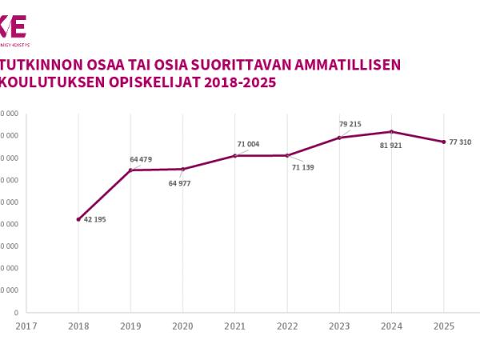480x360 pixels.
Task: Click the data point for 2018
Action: point(78,219)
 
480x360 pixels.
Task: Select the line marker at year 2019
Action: point(130,170)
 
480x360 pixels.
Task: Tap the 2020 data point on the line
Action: point(182,169)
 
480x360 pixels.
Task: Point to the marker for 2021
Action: point(234,155)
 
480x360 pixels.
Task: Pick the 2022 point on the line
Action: point(286,155)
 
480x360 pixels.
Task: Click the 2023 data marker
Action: point(339,138)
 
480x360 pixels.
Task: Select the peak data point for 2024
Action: point(391,131)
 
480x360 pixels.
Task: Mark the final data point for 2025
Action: point(443,142)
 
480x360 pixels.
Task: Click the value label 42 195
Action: point(94,219)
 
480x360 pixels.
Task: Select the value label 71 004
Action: point(248,144)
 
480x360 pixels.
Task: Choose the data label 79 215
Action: point(350,124)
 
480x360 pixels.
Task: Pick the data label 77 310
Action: point(460,142)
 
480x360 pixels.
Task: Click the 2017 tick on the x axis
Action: point(26,326)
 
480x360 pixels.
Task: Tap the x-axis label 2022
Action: point(286,326)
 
